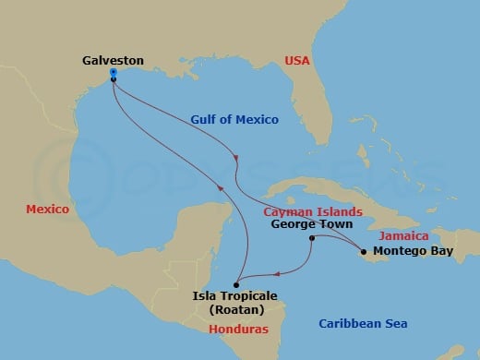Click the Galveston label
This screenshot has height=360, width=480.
click(x=113, y=60)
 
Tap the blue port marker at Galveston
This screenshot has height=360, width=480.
click(x=113, y=72)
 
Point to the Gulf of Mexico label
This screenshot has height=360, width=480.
click(x=234, y=119)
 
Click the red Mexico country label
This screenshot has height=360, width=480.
click(x=48, y=210)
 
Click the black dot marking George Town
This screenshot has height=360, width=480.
click(x=312, y=238)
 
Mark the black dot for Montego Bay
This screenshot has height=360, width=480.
click(x=364, y=251)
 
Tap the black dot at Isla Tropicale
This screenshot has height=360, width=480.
click(x=235, y=283)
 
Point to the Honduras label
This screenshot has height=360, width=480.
click(x=234, y=329)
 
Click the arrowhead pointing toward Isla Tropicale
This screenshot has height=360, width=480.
click(x=276, y=271)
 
